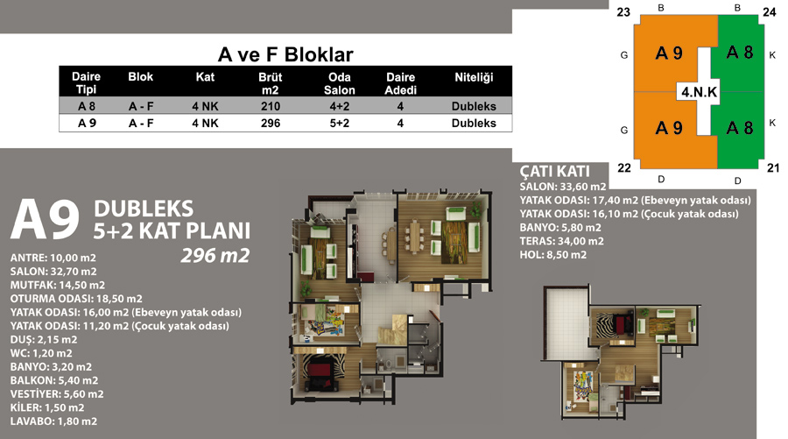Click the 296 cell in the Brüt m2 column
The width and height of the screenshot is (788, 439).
271,124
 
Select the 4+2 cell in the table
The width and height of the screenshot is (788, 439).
339,106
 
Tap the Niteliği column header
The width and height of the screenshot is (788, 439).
474,77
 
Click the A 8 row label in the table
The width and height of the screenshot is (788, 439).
87,106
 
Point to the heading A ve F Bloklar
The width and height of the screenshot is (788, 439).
285,54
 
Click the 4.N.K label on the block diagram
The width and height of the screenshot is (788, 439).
699,92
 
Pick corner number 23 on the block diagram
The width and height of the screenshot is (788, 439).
623,12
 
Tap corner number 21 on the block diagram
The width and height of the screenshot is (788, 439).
773,168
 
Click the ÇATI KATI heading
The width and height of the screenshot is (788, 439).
555,171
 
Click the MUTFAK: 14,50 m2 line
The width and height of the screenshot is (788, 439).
58,285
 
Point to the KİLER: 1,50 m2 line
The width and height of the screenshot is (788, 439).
47,407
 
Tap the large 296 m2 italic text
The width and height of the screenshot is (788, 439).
215,256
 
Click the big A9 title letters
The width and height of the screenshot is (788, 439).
46,219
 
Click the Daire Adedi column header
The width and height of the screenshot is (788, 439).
400,83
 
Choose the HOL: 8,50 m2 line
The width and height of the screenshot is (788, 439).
552,254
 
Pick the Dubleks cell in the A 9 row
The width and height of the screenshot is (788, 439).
474,124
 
